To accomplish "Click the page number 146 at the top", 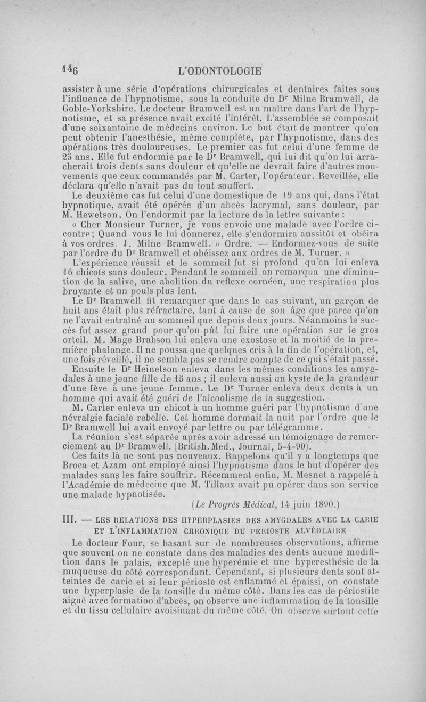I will tap(70, 70).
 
